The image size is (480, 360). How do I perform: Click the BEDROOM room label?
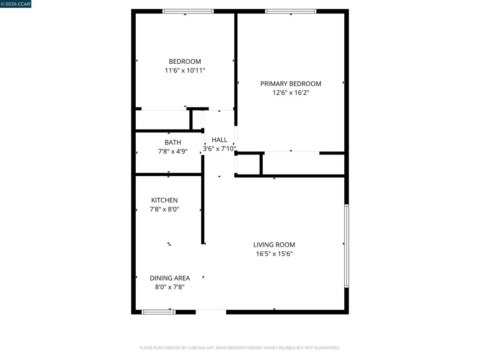[x=185, y=62]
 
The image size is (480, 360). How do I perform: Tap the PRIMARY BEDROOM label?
[x=291, y=84]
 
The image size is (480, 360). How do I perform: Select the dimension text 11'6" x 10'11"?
[x=185, y=70]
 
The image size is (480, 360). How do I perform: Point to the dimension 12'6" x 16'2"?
[x=291, y=93]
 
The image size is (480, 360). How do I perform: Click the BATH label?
[x=173, y=142]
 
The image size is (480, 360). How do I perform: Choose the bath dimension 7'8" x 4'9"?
[x=173, y=151]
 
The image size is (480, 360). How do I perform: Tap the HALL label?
[x=219, y=140]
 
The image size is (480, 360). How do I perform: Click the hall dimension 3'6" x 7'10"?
[x=219, y=149]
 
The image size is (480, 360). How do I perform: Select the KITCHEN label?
[x=165, y=200]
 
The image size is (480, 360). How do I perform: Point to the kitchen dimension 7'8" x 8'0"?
[x=165, y=209]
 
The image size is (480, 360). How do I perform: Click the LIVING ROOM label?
[x=274, y=245]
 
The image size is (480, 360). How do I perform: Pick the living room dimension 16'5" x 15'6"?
[x=274, y=254]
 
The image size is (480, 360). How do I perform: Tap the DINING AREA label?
[x=170, y=278]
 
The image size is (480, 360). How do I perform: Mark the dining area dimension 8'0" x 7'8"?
[x=170, y=287]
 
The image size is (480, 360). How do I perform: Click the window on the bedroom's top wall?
[x=188, y=11]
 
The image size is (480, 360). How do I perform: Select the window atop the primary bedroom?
[x=291, y=11]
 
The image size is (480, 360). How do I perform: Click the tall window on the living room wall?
[x=346, y=246]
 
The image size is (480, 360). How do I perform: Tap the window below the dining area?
[x=158, y=312]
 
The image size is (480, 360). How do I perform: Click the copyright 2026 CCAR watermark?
[x=16, y=4]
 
